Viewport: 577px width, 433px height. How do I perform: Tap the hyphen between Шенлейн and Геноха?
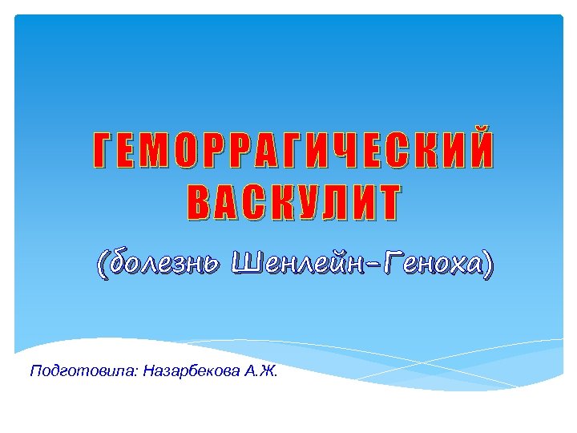coord(373,265)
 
